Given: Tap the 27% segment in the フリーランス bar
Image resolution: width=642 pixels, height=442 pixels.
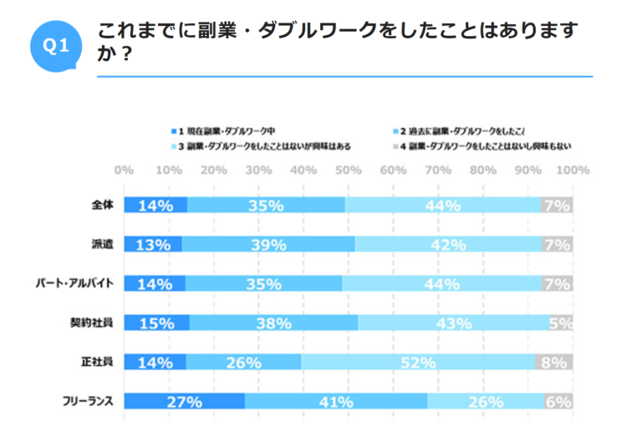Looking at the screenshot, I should tap(185, 401).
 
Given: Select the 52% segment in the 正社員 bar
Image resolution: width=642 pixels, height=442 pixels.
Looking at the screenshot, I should tap(418, 362).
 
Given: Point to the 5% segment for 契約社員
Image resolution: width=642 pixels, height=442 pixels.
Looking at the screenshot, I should tap(560, 323).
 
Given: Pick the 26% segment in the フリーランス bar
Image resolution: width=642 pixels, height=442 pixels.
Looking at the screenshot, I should tap(486, 401).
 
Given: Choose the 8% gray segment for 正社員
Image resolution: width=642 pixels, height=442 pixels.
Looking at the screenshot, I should tap(554, 362).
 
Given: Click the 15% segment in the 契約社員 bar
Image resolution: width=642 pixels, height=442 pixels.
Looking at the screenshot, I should tap(157, 323).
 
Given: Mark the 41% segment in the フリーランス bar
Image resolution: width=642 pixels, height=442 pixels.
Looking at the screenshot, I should tap(336, 401).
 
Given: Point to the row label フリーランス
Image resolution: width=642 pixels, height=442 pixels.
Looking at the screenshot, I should tap(87, 401).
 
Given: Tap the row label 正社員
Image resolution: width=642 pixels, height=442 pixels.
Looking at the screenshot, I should tap(102, 362).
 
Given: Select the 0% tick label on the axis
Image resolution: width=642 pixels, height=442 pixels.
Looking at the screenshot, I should tap(125, 170).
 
